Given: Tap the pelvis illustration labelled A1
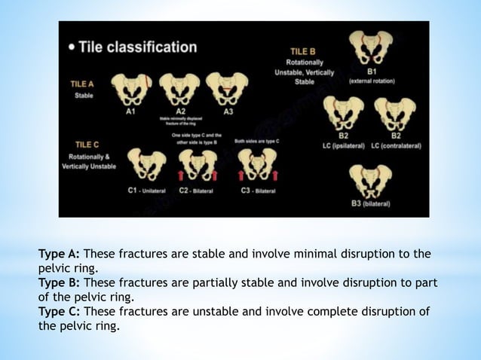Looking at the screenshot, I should point(130,89).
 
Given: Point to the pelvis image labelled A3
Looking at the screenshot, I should point(226,89).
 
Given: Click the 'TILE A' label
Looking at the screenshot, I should point(84,86).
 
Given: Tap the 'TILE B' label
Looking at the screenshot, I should point(305,51).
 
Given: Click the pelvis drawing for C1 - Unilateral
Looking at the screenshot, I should point(147,164).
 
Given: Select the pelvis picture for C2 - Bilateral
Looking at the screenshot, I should point(198,164).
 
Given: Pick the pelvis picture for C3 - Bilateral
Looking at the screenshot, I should point(256,164).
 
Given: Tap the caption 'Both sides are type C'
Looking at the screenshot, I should point(256,140).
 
